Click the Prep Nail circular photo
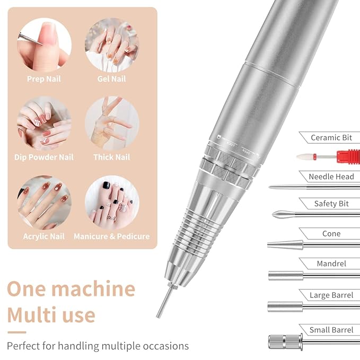coord(44,45)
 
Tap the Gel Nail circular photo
coord(112,45)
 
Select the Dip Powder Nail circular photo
coord(44,123)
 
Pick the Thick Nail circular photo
coord(112,123)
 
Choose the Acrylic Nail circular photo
coord(44,203)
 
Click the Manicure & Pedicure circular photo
coord(112,203)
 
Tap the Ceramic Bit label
coord(331,138)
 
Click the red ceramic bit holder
coord(348,156)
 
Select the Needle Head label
coord(331,177)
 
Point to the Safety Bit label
coord(332,204)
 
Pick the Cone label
coord(331,234)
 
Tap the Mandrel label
coord(331,264)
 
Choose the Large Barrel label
coord(331,295)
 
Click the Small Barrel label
coord(331,330)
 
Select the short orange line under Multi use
coord(16,332)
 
